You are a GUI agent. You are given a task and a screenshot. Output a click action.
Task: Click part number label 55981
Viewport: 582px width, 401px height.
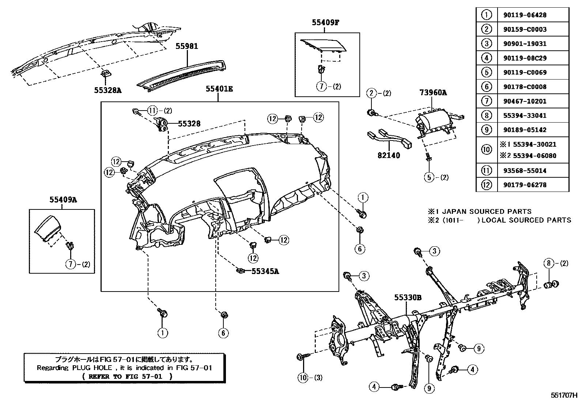click(187, 46)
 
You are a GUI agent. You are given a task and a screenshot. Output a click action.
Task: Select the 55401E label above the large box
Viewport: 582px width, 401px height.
click(219, 89)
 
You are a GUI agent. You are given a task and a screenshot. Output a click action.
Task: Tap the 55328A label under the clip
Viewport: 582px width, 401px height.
click(107, 90)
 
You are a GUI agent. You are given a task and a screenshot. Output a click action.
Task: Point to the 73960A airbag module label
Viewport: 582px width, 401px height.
click(433, 93)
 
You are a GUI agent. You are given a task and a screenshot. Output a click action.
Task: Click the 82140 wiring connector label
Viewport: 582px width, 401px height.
click(389, 155)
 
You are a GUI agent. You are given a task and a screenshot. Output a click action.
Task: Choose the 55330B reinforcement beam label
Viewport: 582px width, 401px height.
click(408, 298)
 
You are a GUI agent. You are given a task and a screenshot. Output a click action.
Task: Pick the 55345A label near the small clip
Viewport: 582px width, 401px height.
click(265, 271)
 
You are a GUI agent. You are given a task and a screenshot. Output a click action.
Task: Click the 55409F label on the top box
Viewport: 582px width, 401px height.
click(326, 22)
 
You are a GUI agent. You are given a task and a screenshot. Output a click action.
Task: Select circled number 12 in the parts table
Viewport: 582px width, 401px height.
click(486, 185)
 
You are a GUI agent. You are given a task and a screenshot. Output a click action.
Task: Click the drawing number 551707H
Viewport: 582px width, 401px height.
click(564, 395)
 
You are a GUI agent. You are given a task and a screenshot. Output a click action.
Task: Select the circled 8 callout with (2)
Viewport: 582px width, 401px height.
click(548, 263)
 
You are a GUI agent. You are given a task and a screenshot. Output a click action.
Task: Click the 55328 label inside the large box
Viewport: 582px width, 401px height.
click(189, 124)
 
